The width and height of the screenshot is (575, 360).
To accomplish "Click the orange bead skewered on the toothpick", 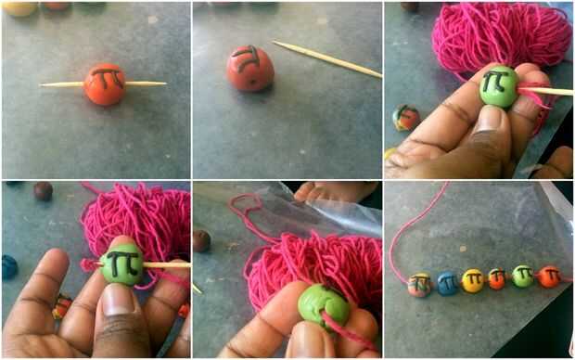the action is pyautogui.click(x=105, y=84).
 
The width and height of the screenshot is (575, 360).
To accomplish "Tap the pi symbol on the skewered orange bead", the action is pyautogui.click(x=108, y=77).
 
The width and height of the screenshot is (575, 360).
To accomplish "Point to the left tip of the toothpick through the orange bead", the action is pyautogui.click(x=41, y=85).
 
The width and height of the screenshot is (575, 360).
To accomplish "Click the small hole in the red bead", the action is pyautogui.click(x=252, y=80).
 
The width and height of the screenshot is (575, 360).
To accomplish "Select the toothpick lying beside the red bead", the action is pyautogui.click(x=327, y=58).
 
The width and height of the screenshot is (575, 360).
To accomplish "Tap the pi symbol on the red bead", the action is pyautogui.click(x=247, y=58).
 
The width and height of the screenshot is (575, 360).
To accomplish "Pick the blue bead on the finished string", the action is pyautogui.click(x=448, y=283).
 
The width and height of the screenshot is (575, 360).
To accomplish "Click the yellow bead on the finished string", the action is pyautogui.click(x=473, y=281).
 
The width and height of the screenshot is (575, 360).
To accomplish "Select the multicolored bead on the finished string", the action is pyautogui.click(x=420, y=285).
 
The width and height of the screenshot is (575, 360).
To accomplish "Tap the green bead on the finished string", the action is pyautogui.click(x=523, y=276).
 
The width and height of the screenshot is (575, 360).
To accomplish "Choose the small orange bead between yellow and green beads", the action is pyautogui.click(x=497, y=279).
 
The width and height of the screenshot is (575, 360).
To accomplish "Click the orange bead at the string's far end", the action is pyautogui.click(x=549, y=276).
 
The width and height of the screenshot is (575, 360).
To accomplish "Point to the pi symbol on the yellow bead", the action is pyautogui.click(x=474, y=278).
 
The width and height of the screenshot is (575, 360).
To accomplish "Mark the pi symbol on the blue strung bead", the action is pyautogui.click(x=449, y=282).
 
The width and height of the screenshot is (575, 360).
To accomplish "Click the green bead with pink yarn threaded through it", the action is pyautogui.click(x=323, y=305).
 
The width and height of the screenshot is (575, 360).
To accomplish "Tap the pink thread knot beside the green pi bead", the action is pyautogui.click(x=87, y=265).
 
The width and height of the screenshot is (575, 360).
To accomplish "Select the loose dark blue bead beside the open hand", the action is pyautogui.click(x=9, y=267).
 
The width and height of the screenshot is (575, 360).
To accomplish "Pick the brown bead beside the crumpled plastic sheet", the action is pyautogui.click(x=201, y=241).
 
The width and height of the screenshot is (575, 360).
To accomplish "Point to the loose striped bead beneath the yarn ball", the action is pyautogui.click(x=406, y=118).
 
